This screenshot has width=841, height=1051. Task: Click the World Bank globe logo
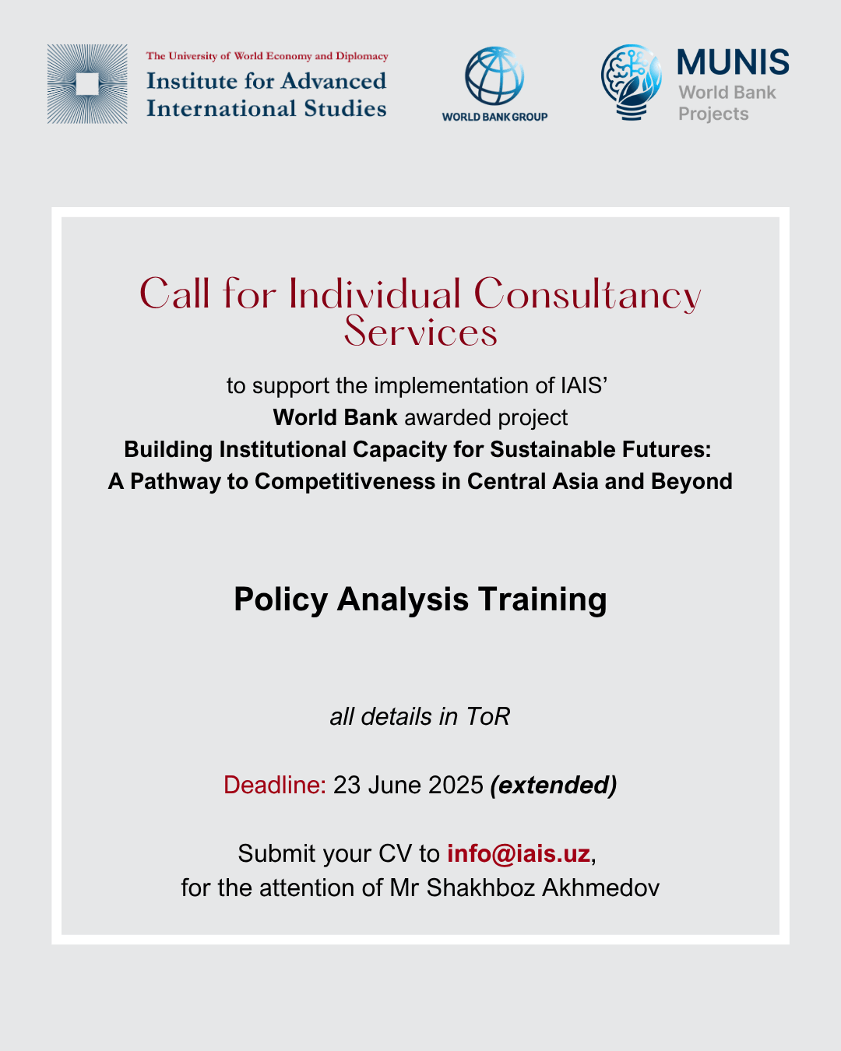494,76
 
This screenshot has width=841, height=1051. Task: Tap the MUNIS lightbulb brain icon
632,82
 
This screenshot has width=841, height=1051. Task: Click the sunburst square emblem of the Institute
87,84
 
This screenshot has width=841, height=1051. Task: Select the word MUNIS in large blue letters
733,63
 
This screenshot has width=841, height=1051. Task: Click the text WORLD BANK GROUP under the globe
494,117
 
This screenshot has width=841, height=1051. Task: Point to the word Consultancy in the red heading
587,295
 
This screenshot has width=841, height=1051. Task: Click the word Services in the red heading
420,332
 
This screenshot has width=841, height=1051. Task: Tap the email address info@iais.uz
519,853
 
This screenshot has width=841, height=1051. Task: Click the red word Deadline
274,785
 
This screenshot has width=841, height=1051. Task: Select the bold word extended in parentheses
554,785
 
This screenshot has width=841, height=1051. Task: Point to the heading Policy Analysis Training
420,599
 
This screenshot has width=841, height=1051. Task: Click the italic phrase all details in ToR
420,716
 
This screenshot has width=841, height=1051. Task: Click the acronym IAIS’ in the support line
583,385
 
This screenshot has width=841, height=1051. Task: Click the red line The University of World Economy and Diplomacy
267,56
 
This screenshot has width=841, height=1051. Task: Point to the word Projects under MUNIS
713,114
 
